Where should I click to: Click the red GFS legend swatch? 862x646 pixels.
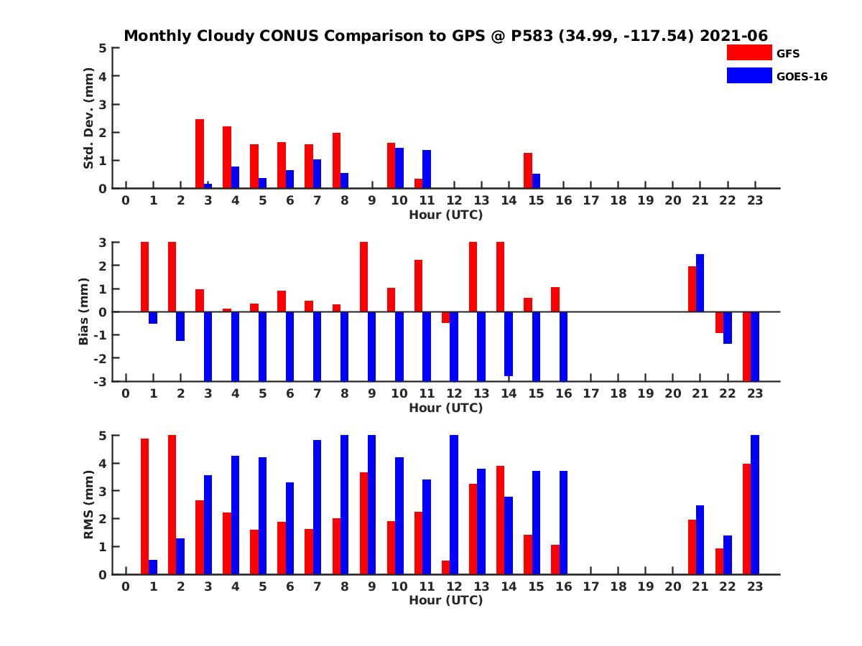point(748,52)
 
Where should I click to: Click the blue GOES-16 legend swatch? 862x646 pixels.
point(748,75)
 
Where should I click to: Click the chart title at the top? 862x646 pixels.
point(445,36)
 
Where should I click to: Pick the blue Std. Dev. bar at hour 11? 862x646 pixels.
point(427,169)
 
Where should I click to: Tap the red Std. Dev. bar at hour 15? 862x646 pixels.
point(528,171)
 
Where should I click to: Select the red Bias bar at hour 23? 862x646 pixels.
point(746,346)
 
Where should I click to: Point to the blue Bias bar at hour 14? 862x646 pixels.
point(509,344)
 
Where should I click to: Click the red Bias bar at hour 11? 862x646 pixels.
point(419,286)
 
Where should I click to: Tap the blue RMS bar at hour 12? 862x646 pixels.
point(454,505)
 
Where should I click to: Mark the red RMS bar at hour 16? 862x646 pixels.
point(555,559)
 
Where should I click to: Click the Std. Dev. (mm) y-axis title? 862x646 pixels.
point(89,118)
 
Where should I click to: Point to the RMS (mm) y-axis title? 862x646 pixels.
point(89,505)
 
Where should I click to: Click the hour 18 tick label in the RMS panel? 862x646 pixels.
point(618,586)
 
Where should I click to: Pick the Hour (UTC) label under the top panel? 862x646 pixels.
point(445,214)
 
